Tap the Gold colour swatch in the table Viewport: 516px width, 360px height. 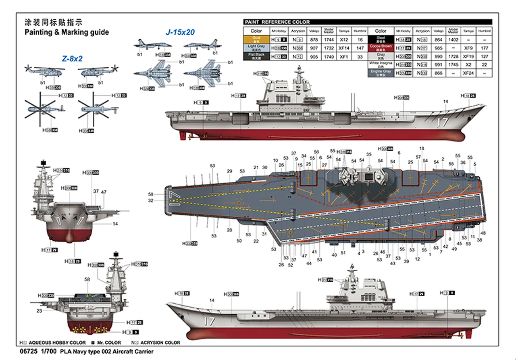(256, 40)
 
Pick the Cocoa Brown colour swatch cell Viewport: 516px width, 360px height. (381, 47)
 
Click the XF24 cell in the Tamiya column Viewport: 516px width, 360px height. (468, 73)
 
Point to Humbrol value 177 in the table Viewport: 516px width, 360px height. (484, 48)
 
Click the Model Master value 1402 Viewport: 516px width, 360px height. (453, 40)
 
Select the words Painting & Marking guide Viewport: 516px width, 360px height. (67, 32)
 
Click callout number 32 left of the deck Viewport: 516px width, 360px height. (151, 200)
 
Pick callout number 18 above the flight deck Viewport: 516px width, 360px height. (422, 148)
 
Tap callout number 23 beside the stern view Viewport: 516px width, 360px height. (39, 311)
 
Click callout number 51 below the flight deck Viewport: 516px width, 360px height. (343, 253)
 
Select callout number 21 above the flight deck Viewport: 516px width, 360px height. (256, 167)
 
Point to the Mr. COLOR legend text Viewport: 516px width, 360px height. (109, 343)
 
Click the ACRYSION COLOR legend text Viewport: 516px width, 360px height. (161, 343)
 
